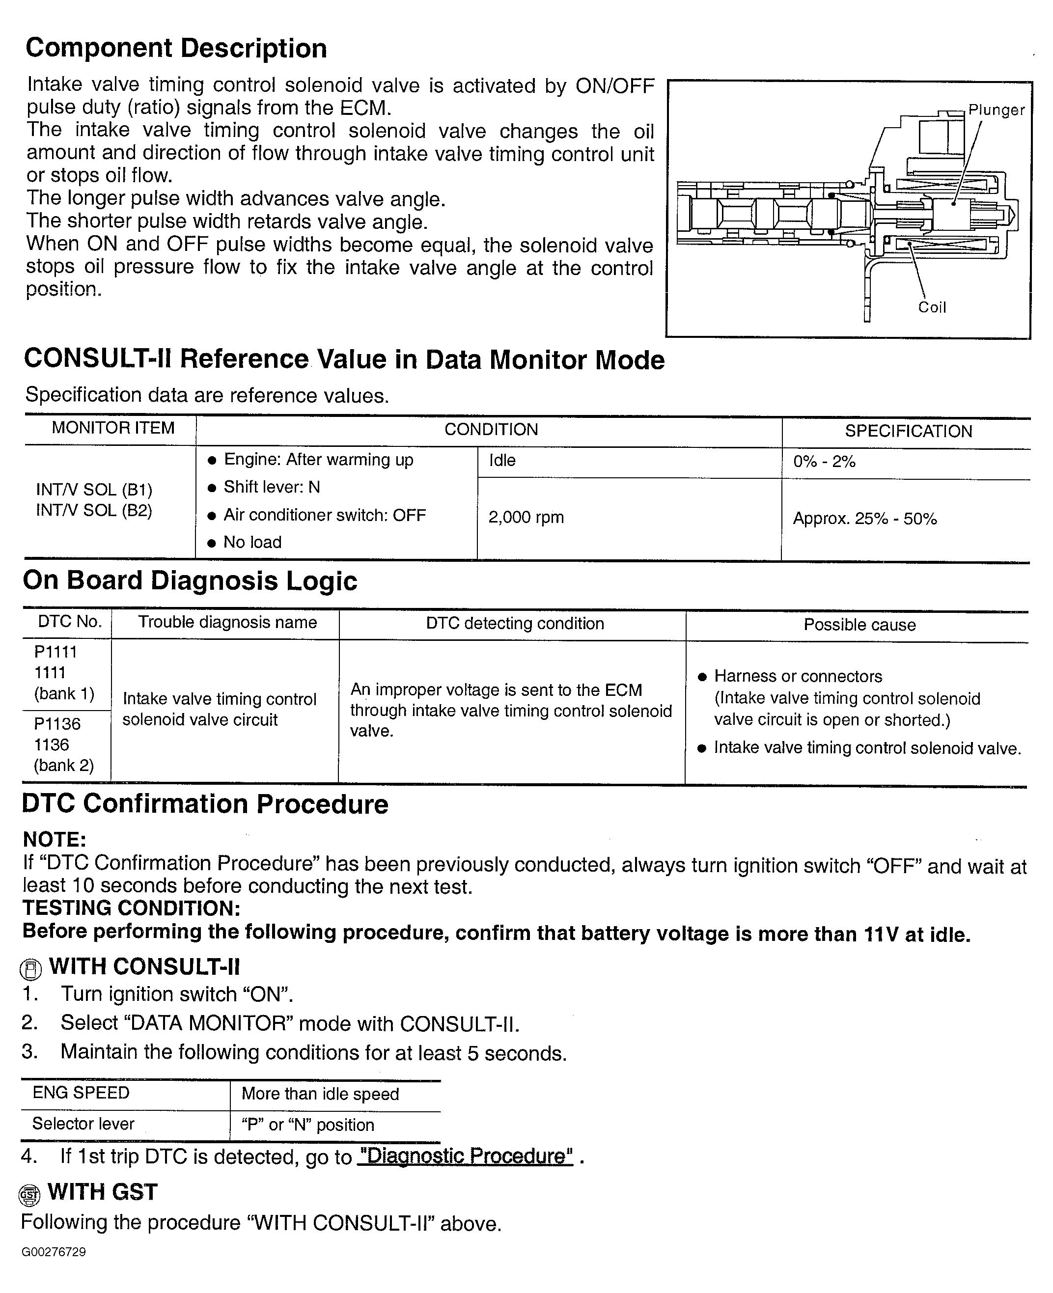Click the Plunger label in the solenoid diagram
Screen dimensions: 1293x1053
coord(996,110)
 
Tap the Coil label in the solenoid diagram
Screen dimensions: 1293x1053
coord(932,307)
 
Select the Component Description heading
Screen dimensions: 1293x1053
coord(176,49)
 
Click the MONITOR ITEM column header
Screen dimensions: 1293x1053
coord(113,428)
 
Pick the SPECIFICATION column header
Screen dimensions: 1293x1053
coord(908,431)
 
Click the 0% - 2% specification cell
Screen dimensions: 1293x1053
coord(824,462)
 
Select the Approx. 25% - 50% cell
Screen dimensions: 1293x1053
coord(864,519)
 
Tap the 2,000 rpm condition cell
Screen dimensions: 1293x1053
coord(526,517)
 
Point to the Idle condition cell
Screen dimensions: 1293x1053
coord(502,460)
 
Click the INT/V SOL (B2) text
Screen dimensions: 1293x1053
coord(94,510)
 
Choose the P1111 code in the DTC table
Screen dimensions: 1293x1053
coord(56,652)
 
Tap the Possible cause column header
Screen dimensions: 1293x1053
coord(859,625)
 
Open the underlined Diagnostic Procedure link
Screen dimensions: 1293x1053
coord(465,1156)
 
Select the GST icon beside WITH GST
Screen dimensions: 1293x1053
coord(29,1195)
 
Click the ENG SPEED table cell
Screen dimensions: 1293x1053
coord(81,1093)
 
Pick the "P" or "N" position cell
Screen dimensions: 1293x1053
coord(307,1125)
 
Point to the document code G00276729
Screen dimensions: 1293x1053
coord(54,1252)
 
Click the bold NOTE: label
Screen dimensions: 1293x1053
coord(55,840)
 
